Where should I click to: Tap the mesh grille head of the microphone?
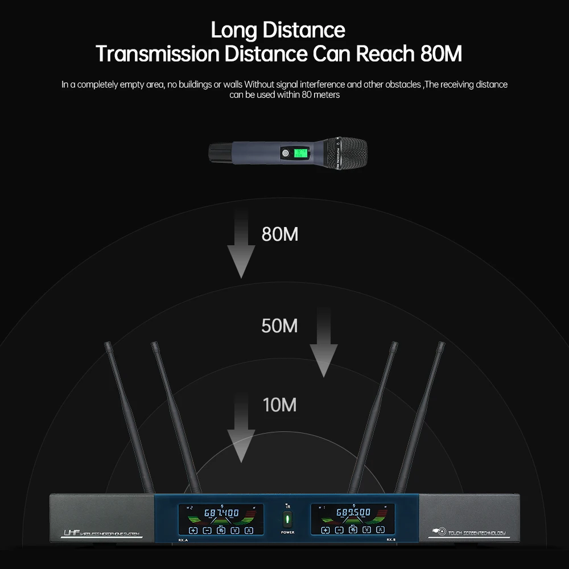(345, 154)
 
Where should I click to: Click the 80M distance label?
(279, 234)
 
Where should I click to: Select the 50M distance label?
(279, 326)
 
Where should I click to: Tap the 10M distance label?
(279, 405)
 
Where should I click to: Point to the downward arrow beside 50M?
(323, 341)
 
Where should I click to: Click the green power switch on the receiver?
(287, 519)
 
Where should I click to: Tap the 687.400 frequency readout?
(221, 513)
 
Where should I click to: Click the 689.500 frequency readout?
(353, 512)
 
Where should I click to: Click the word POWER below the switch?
(287, 532)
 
